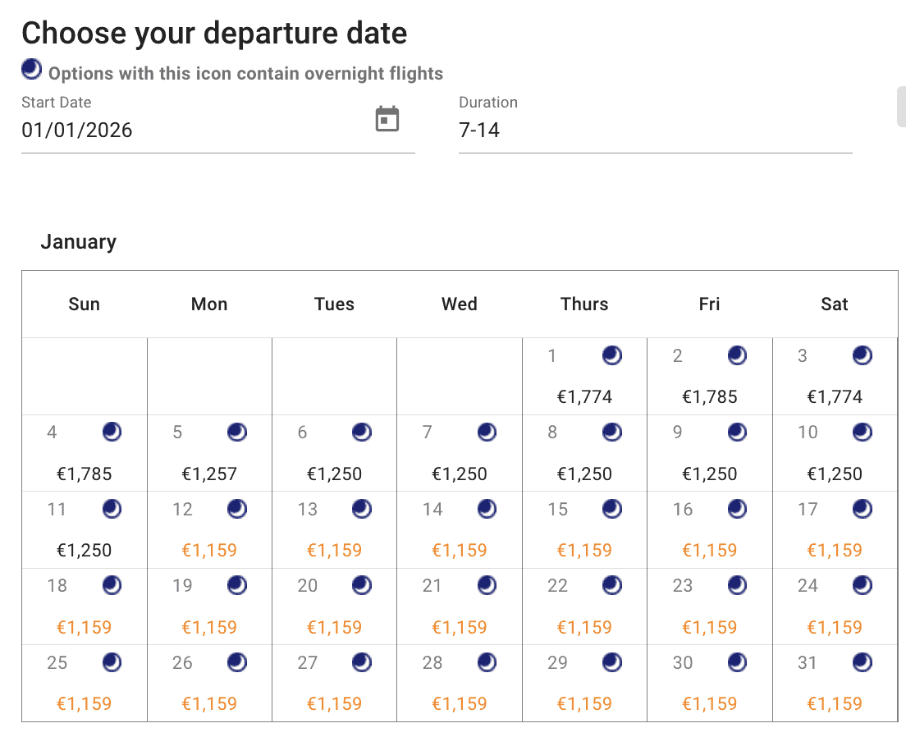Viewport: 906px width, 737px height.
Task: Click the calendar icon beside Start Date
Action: [x=387, y=119]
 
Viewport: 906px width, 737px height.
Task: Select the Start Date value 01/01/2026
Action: [x=77, y=130]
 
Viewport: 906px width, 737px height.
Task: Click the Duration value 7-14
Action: [x=479, y=130]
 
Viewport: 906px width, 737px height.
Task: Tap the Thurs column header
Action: [x=584, y=304]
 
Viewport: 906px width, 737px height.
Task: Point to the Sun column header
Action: [x=84, y=304]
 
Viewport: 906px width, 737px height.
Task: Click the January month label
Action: [x=79, y=242]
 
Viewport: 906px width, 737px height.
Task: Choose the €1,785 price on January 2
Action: [x=710, y=397]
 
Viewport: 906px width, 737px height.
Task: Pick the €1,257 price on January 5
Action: [x=209, y=474]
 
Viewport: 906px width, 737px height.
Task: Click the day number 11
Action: [x=57, y=510]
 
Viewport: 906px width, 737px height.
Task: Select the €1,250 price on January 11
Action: [x=84, y=550]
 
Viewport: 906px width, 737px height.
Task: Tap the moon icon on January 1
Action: [x=612, y=355]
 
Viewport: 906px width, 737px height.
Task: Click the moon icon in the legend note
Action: [x=32, y=70]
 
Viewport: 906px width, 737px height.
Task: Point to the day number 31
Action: [x=808, y=662]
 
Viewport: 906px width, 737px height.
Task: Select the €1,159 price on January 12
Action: [x=209, y=550]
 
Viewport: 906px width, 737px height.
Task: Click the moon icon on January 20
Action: [x=362, y=585]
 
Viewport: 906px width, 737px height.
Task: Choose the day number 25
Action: [x=57, y=662]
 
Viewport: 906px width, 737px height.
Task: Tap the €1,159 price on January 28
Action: [x=460, y=703]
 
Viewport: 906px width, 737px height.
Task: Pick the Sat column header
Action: [x=835, y=304]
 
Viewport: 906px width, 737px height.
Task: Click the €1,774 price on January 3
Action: [x=835, y=397]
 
